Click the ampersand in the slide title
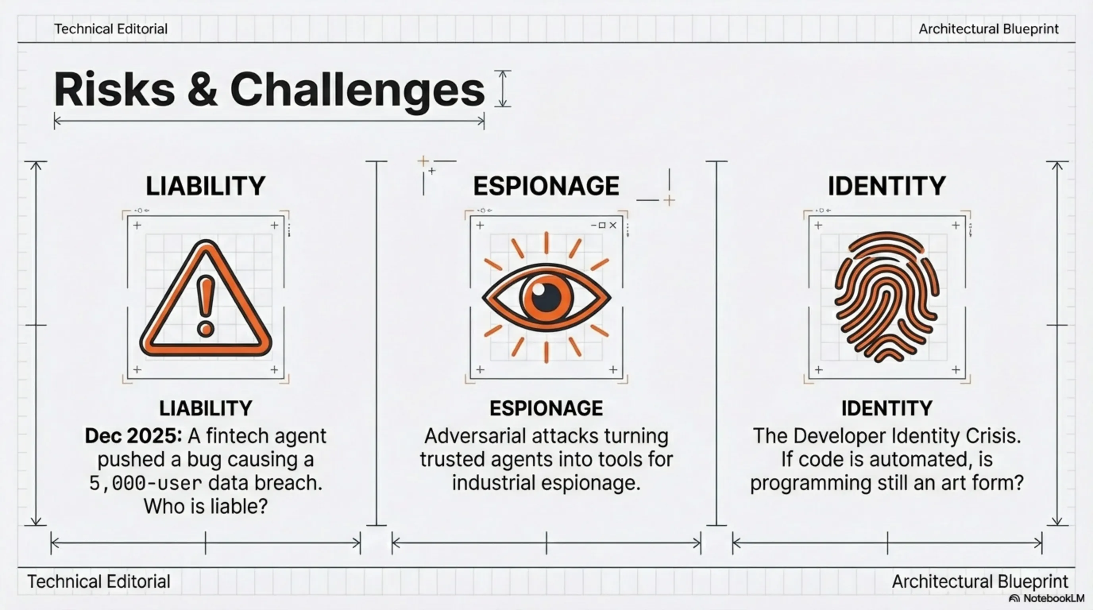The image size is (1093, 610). click(203, 89)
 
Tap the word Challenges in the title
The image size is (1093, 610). click(357, 92)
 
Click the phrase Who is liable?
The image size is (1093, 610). click(206, 506)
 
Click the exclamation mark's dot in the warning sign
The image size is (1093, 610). click(206, 329)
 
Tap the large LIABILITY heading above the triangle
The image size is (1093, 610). click(206, 186)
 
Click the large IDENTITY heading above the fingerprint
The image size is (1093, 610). click(887, 186)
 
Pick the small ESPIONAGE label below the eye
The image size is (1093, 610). click(546, 409)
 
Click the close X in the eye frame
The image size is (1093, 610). click(613, 225)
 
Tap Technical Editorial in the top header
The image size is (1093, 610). click(111, 29)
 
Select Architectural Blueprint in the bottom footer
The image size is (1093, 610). click(980, 581)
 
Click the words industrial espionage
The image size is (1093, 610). click(546, 483)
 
